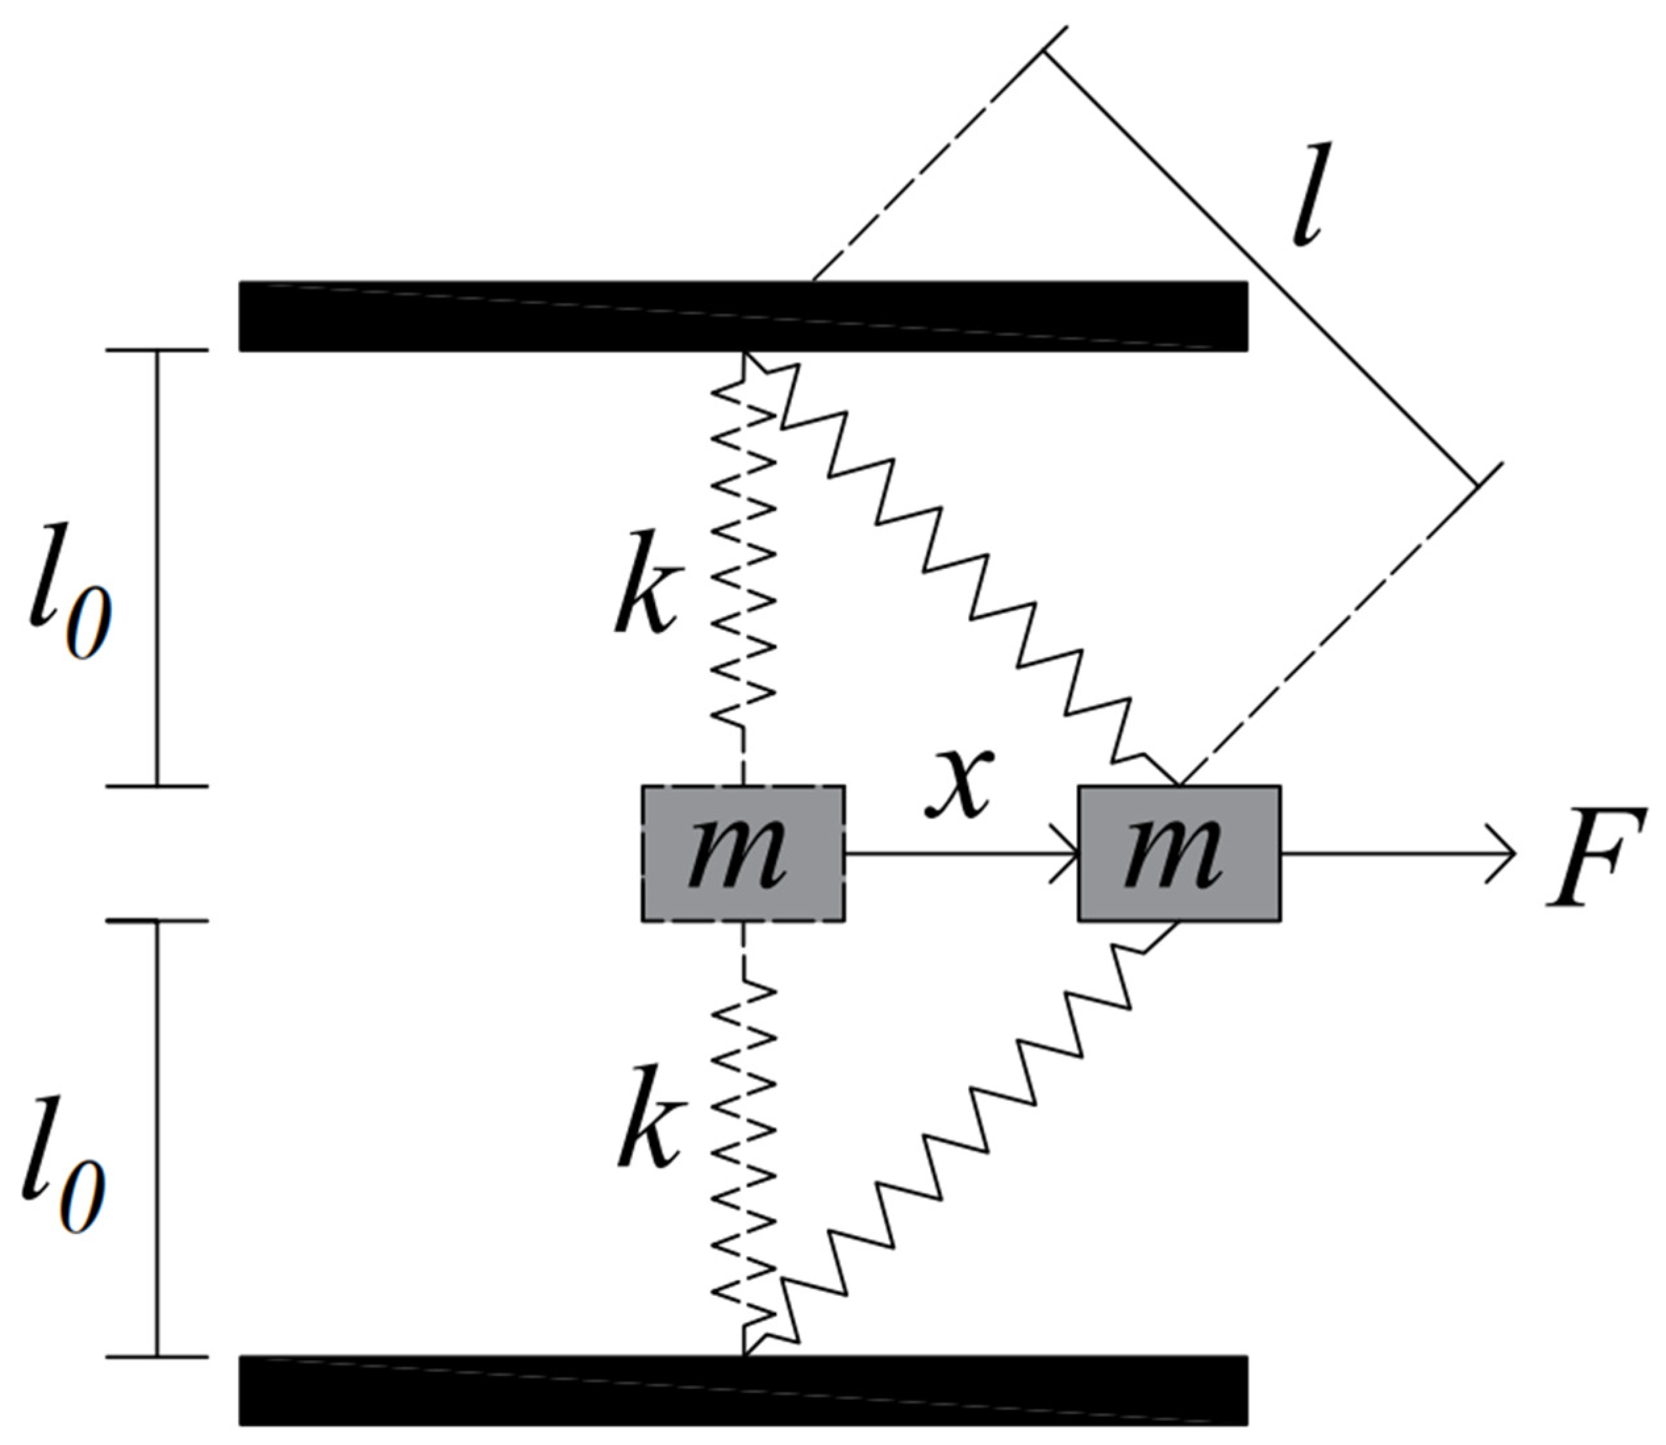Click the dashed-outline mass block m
pos(743,853)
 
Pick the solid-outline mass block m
pos(1179,853)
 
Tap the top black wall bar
pos(743,316)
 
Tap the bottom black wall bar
pos(743,1401)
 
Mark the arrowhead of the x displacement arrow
pos(1069,853)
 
